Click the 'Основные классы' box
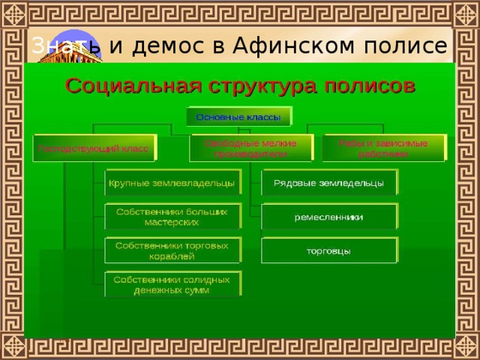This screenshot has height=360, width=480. point(238,116)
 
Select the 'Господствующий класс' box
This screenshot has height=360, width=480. point(94,148)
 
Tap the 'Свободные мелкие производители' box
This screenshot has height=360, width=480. point(250,148)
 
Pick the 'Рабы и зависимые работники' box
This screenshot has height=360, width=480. point(382,148)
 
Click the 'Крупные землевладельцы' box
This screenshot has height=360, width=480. point(171,183)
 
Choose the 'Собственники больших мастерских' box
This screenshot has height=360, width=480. point(171,217)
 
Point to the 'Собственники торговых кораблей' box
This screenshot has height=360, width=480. point(171,250)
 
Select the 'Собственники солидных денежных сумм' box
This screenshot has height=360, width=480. point(171,284)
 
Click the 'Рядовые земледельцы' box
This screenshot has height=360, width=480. point(328,183)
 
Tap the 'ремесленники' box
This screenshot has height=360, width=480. point(328,217)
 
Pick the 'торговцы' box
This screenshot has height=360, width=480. point(328,250)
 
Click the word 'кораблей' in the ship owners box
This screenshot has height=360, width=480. point(171,256)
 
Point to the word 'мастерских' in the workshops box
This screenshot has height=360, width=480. point(171,223)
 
